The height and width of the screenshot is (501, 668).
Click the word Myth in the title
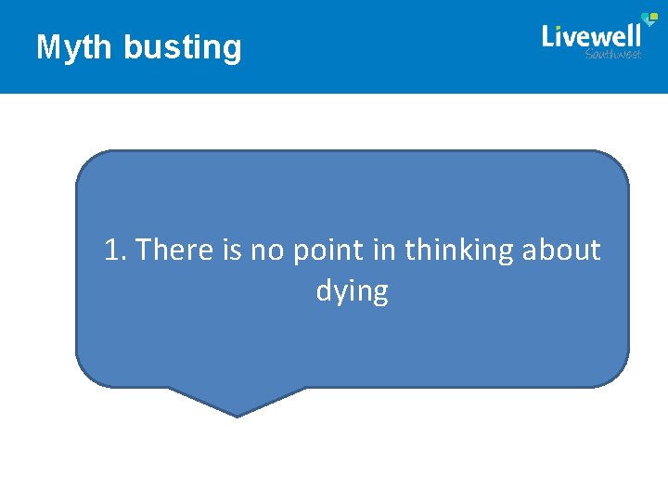75,47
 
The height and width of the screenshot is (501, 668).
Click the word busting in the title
182,47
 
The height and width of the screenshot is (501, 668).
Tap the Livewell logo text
591,35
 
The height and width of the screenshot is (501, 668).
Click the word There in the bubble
173,250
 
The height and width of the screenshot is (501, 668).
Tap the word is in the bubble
231,250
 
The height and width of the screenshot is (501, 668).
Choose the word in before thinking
382,250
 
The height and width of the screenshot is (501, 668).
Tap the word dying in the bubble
352,292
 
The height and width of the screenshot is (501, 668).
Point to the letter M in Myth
47,47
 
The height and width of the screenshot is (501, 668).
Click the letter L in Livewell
548,35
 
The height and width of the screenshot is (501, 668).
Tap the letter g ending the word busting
233,49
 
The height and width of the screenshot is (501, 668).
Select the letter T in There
144,250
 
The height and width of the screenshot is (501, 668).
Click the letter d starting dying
323,291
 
